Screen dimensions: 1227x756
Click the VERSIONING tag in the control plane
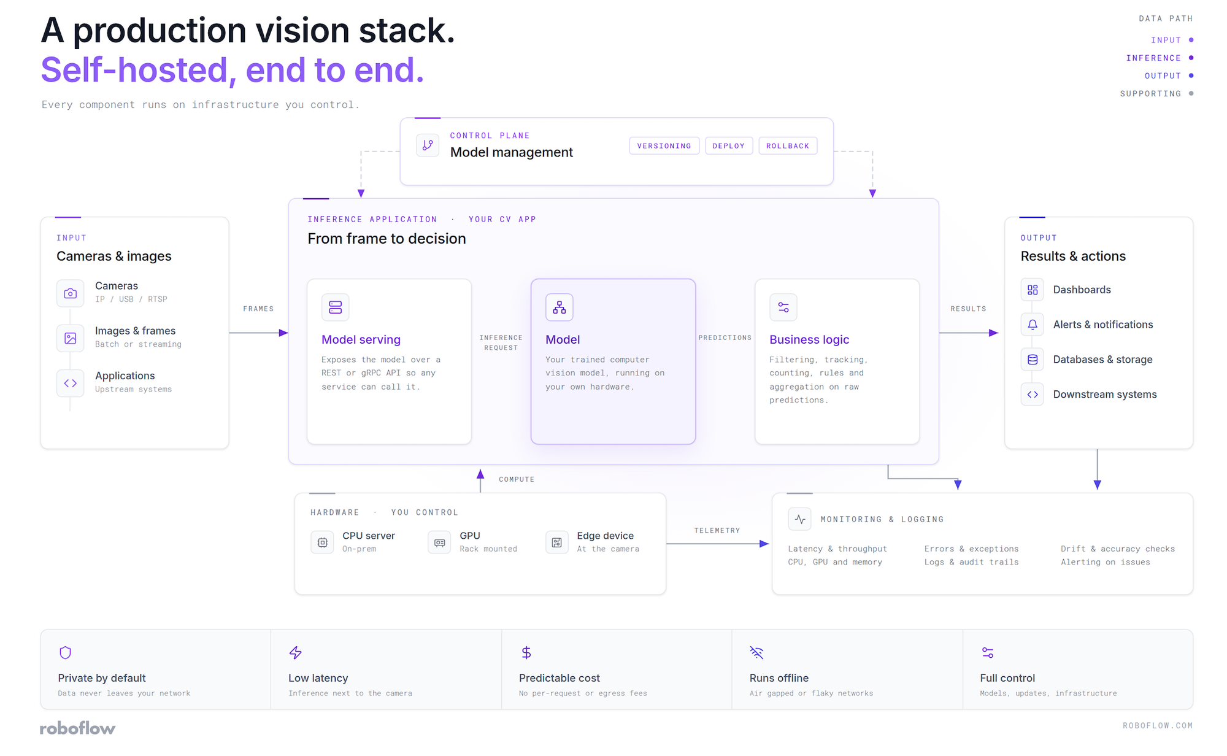click(664, 146)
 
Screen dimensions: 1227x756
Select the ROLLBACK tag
click(788, 146)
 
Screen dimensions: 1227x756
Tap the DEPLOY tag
click(729, 146)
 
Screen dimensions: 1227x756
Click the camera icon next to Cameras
click(71, 293)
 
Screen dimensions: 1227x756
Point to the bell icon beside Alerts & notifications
click(1033, 325)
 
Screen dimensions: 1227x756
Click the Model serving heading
click(361, 340)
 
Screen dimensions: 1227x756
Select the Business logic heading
click(809, 340)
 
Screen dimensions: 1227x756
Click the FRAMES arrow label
click(258, 309)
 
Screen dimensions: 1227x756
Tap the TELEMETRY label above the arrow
click(717, 530)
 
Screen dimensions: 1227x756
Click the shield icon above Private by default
click(66, 652)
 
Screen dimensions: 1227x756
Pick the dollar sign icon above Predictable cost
click(526, 652)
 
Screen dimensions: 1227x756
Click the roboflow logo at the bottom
click(77, 728)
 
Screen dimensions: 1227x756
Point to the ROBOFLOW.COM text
click(1158, 725)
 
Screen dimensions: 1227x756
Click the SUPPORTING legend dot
click(1191, 93)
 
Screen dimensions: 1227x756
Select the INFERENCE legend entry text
click(1153, 58)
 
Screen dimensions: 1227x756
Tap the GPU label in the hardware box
click(470, 536)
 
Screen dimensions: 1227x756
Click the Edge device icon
click(556, 542)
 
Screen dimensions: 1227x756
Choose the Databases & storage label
click(1102, 360)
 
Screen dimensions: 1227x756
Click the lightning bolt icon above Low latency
click(296, 652)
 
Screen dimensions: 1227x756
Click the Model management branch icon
click(428, 145)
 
